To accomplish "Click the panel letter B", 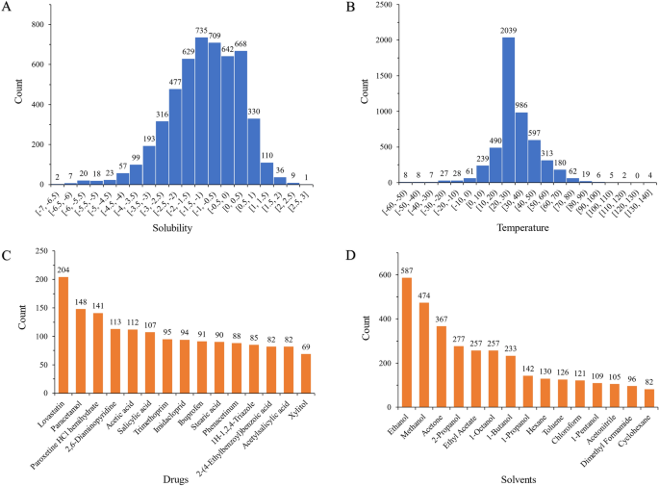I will point(337,8).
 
